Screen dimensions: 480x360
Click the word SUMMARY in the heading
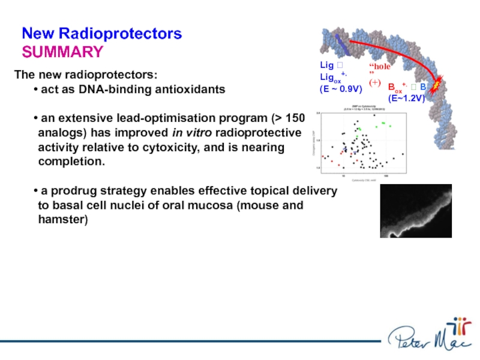point(62,52)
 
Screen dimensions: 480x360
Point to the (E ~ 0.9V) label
point(340,89)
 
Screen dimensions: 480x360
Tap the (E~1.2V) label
point(406,98)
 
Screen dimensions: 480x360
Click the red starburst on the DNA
point(436,83)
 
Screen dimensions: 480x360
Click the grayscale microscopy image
point(416,211)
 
